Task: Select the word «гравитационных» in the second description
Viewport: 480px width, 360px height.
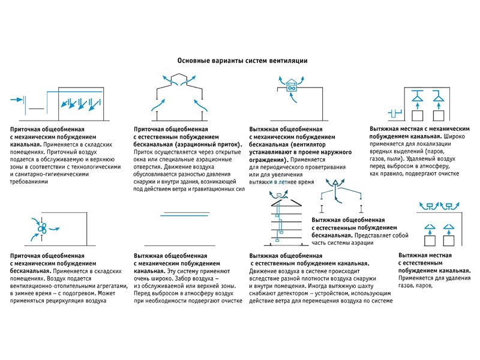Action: pos(218,188)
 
